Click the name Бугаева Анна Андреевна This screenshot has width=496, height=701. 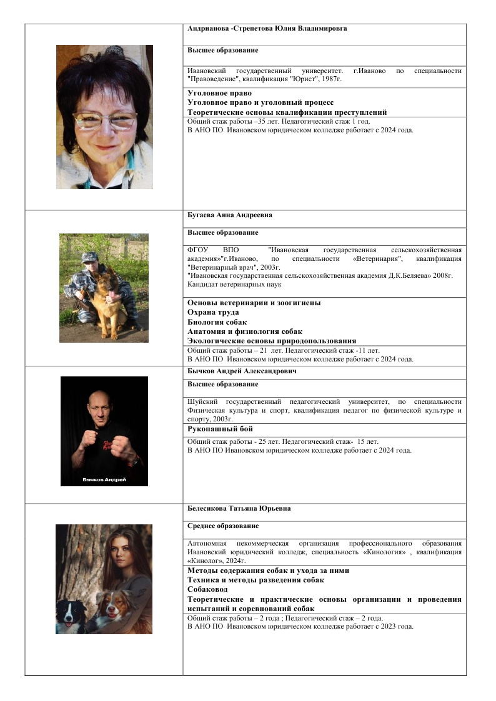click(229, 215)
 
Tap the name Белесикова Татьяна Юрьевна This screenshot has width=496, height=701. click(239, 509)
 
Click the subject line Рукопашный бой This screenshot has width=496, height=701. click(220, 429)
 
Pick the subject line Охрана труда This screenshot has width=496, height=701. click(213, 312)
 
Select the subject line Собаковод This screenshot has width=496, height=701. click(207, 589)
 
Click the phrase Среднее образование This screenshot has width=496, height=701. click(223, 526)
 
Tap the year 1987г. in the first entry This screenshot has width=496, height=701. click(330, 79)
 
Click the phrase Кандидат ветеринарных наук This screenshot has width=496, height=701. click(234, 285)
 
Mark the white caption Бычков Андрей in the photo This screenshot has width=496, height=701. click(104, 479)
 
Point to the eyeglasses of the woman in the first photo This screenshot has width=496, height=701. click(104, 119)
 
